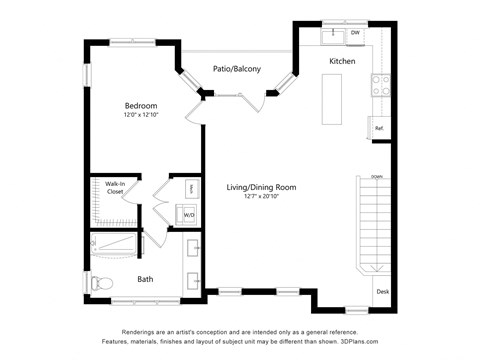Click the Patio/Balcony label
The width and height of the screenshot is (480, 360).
237,69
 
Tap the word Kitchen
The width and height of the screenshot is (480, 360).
342,62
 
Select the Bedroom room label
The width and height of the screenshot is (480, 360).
140,105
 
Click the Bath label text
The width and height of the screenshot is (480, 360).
145,279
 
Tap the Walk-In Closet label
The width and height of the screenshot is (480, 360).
108,187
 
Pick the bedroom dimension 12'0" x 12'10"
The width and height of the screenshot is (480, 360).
140,115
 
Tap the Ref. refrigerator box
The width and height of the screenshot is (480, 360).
379,127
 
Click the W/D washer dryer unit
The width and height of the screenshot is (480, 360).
190,214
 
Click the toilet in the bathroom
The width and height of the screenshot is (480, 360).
98,285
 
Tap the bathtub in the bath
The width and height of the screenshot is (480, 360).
115,245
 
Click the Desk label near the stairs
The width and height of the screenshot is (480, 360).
382,292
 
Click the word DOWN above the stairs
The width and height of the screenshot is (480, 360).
376,177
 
